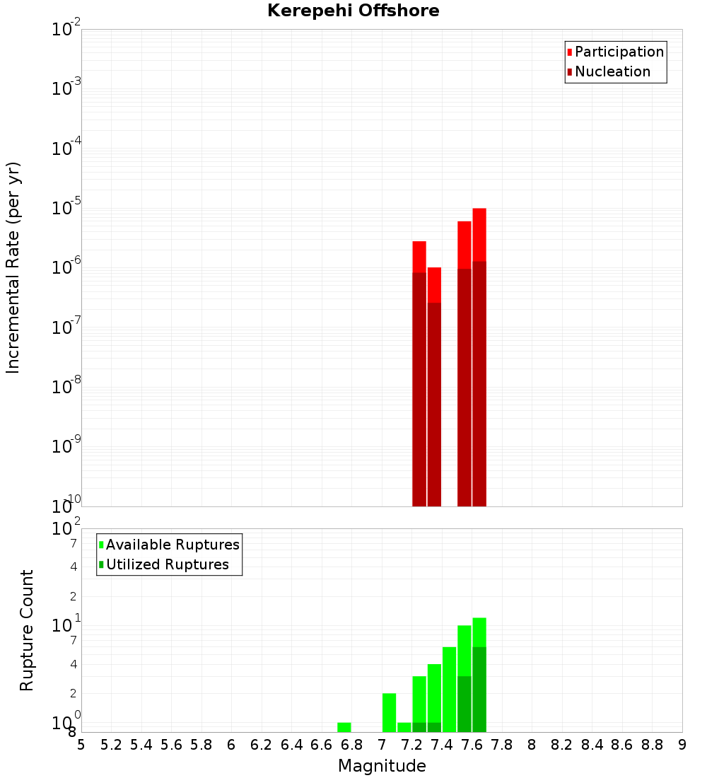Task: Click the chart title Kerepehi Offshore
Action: tap(353, 11)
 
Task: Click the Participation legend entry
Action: tap(615, 52)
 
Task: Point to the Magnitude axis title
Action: tap(382, 766)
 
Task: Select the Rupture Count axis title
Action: tap(27, 630)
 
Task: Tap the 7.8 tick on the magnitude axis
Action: tap(502, 745)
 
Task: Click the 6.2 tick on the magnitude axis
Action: tap(262, 745)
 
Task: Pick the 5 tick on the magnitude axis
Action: tap(81, 745)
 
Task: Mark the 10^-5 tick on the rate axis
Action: tap(66, 209)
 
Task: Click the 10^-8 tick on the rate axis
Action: tap(66, 387)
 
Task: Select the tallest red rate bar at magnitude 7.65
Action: tap(479, 354)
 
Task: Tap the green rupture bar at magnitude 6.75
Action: tap(344, 727)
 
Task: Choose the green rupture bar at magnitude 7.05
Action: tap(389, 712)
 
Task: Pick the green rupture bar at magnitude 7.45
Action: tap(449, 690)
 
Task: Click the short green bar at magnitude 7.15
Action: tap(404, 727)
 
